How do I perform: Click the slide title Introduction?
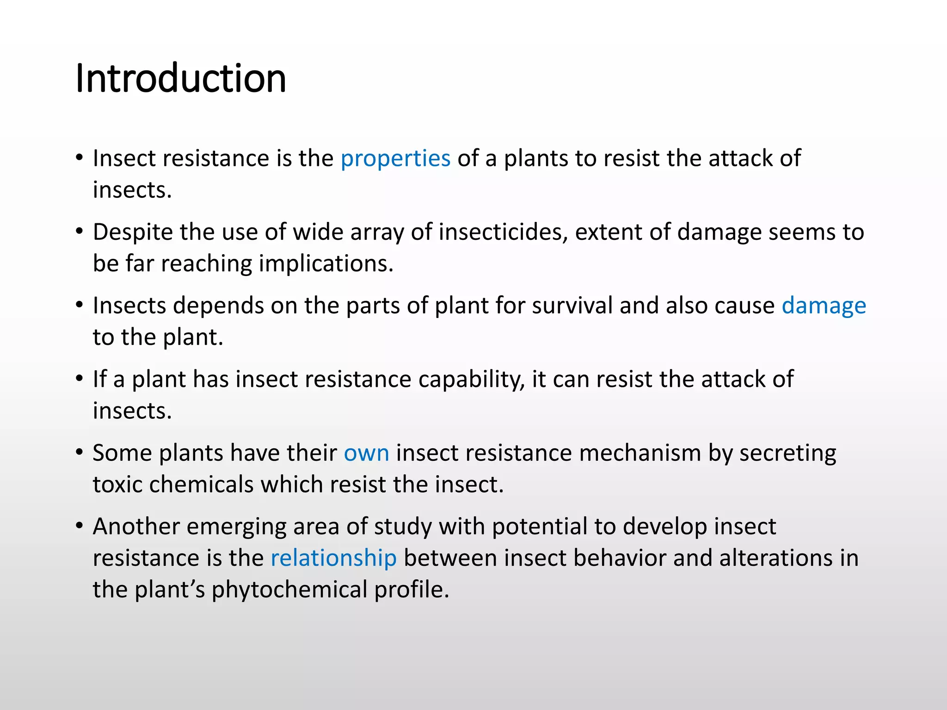(180, 79)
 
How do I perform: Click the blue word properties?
(395, 159)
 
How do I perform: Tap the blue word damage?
(824, 306)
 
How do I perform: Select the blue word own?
(366, 453)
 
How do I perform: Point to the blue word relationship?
(333, 558)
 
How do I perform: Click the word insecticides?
(503, 232)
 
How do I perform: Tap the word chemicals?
(201, 484)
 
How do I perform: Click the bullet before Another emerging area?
(80, 526)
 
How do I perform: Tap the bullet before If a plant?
(80, 379)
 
